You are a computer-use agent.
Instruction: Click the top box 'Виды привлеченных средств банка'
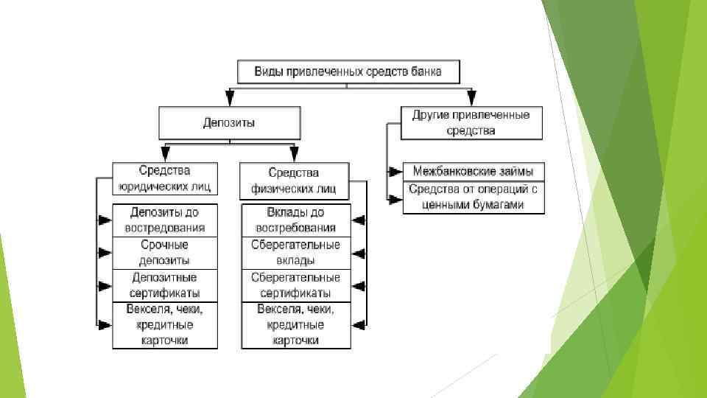click(348, 72)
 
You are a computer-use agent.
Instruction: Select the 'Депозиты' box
click(230, 123)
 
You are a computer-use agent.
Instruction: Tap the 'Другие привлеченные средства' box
click(471, 123)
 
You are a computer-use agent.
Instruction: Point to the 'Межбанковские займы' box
click(474, 171)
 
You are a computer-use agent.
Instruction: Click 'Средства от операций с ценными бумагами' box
click(474, 198)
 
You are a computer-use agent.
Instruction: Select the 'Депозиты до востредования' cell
click(165, 220)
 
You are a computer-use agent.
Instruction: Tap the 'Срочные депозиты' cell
click(165, 253)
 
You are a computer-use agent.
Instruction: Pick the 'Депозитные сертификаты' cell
click(165, 285)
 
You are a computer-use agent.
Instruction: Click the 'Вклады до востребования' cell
click(295, 220)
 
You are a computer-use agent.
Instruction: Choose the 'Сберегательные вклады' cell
click(295, 253)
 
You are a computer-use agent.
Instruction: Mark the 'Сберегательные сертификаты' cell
click(295, 285)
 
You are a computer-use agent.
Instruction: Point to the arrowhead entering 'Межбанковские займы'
click(396, 171)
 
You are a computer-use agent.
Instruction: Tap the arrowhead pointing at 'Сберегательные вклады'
click(359, 253)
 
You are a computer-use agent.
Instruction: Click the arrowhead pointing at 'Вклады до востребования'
click(359, 220)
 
